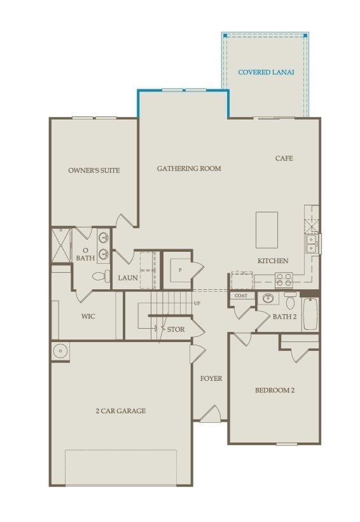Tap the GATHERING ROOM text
(189, 168)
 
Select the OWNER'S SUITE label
(94, 170)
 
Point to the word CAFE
(284, 158)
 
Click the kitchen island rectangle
(267, 230)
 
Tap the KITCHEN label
(273, 261)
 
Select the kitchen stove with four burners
(283, 278)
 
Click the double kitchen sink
(311, 244)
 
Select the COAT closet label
(240, 296)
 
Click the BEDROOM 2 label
(275, 390)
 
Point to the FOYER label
(211, 378)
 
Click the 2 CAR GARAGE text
(121, 411)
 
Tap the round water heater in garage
(60, 350)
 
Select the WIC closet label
(88, 316)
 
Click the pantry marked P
(180, 270)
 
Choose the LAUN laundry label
(128, 278)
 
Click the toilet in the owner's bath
(99, 277)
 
